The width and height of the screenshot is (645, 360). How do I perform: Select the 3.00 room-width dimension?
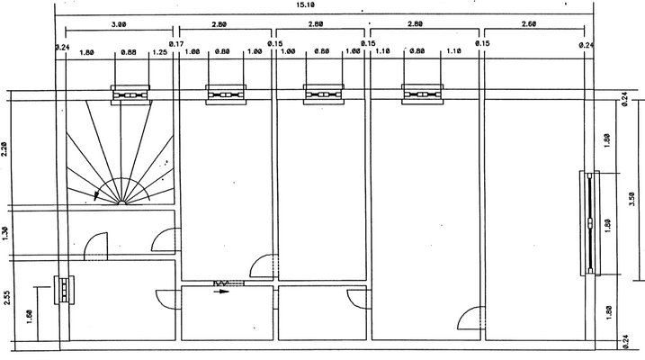click(118, 25)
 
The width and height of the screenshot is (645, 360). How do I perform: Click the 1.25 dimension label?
click(161, 51)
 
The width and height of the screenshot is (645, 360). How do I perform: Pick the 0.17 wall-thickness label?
click(176, 44)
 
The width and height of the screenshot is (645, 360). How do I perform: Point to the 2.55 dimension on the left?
click(6, 297)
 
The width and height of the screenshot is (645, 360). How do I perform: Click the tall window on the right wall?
click(590, 221)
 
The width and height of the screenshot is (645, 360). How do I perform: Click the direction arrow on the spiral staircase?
click(96, 194)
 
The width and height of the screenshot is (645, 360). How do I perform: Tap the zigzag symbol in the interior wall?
click(221, 283)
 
